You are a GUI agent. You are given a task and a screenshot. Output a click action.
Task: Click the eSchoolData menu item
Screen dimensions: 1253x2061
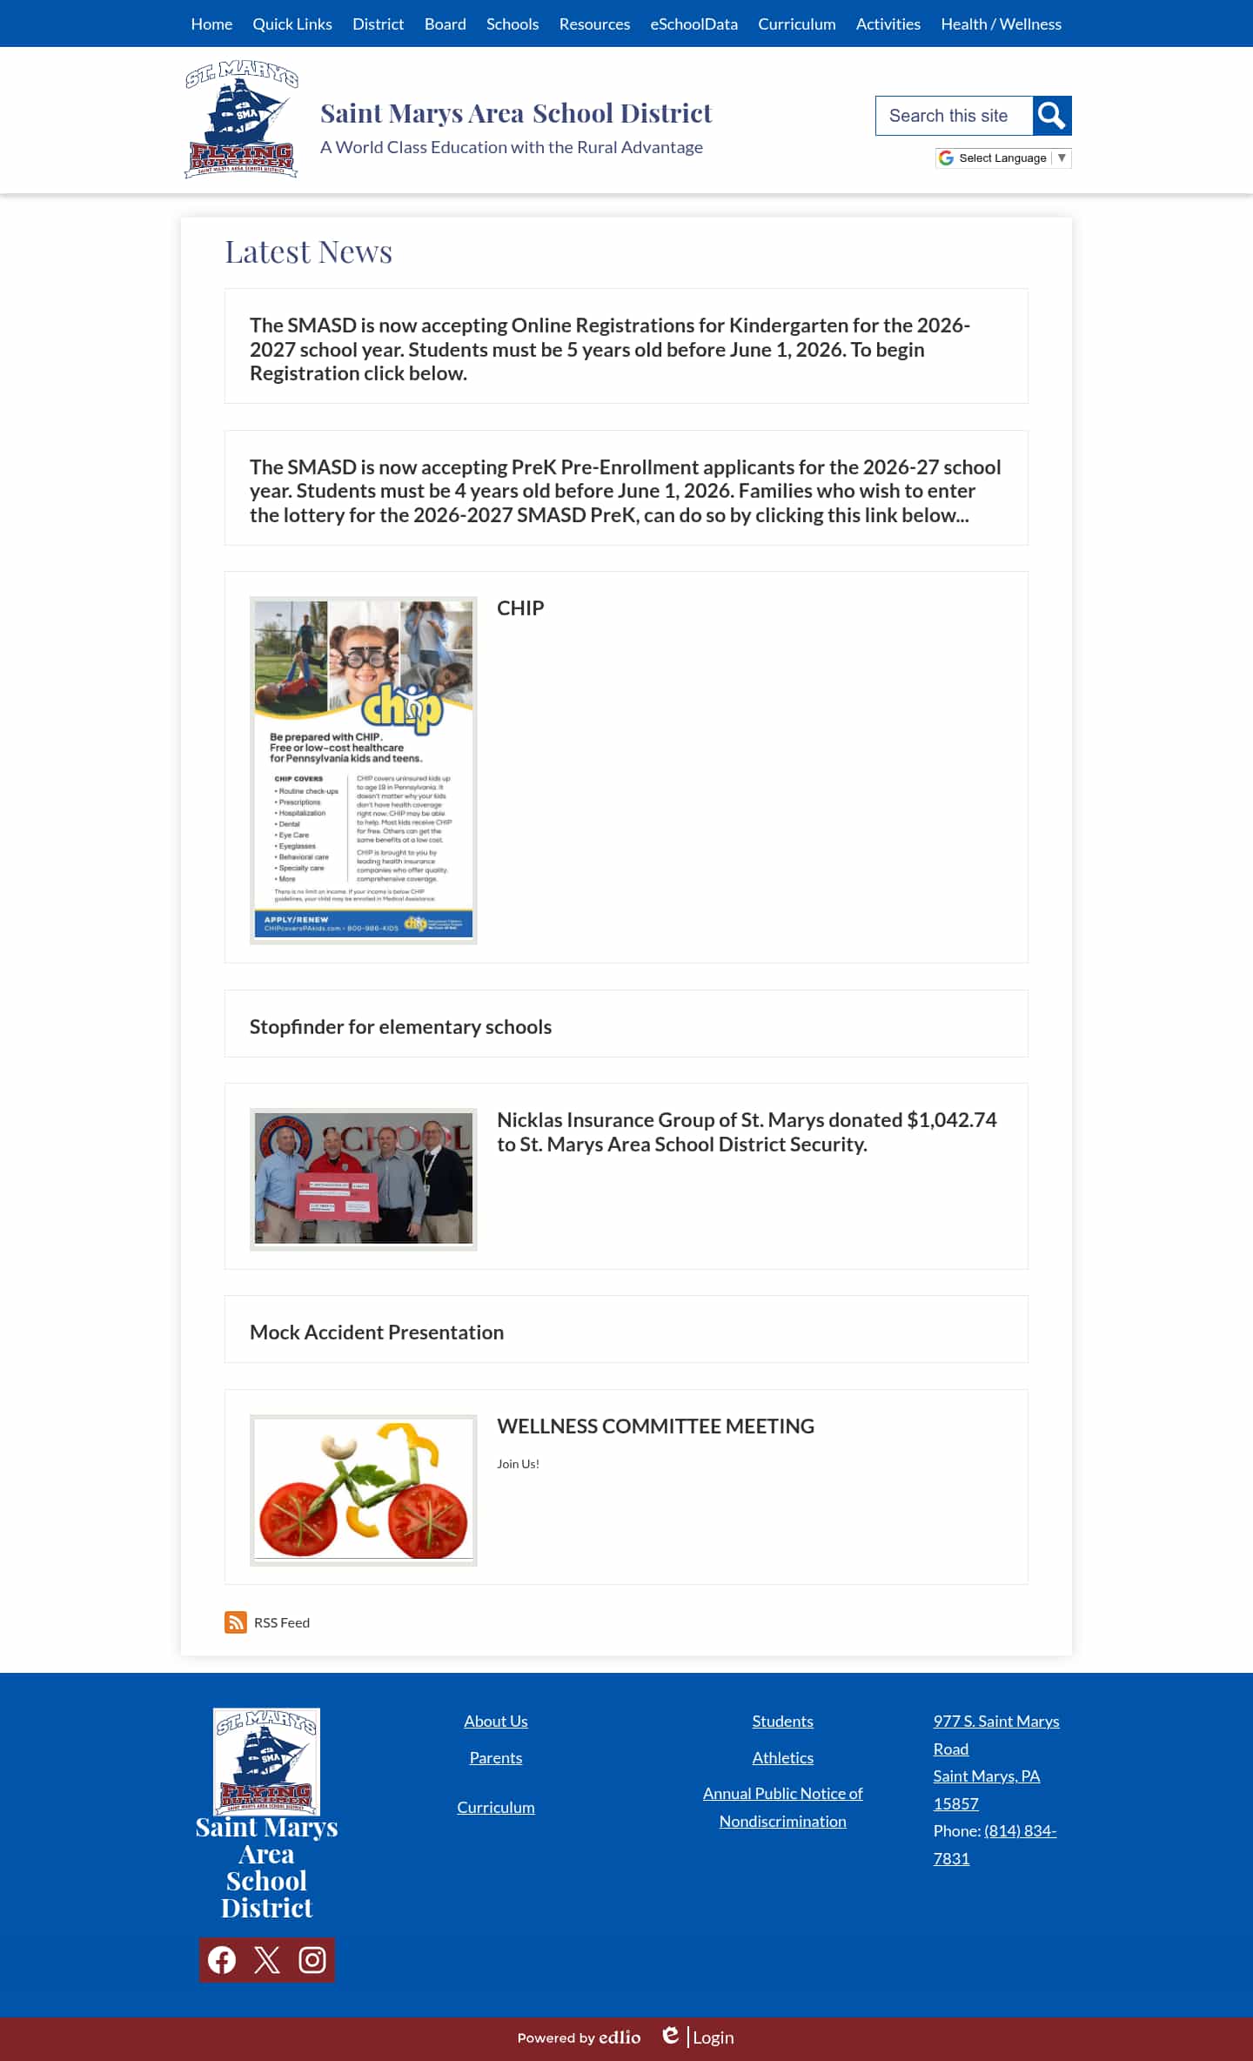pos(694,23)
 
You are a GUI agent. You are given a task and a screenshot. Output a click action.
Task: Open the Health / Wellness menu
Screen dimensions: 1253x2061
pos(1001,23)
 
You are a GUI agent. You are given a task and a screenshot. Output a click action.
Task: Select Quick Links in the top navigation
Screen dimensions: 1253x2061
pos(292,23)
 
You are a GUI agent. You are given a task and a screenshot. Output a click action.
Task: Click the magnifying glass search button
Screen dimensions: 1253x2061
pos(1051,116)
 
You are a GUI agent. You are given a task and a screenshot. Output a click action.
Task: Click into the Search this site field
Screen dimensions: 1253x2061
pos(954,116)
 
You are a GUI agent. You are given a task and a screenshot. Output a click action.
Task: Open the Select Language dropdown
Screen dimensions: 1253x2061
pos(1002,158)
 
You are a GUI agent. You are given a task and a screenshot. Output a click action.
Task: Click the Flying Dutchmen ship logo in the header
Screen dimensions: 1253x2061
pos(242,119)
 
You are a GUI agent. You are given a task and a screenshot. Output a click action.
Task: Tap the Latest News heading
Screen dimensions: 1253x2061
pos(308,252)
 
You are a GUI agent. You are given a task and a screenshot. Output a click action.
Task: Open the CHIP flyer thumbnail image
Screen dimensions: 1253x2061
pos(363,769)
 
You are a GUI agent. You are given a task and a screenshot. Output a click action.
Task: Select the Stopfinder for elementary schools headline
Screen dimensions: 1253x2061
pos(400,1027)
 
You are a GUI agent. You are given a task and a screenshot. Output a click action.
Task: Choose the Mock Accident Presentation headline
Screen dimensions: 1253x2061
pos(376,1333)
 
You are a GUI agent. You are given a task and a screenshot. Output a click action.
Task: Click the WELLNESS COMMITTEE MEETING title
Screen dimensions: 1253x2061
pos(655,1426)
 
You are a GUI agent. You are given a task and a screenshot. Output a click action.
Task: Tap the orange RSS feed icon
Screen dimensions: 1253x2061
pos(235,1622)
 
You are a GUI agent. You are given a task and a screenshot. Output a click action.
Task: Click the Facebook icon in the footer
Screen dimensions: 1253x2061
pos(222,1960)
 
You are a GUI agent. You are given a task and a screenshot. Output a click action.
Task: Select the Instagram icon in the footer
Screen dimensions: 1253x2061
pos(312,1960)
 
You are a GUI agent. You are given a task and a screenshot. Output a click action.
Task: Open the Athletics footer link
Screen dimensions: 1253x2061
pos(782,1757)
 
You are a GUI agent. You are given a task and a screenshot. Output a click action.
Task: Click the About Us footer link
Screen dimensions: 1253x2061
pos(495,1721)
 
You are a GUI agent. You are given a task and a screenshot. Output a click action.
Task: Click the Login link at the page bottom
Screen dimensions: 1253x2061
pos(713,2038)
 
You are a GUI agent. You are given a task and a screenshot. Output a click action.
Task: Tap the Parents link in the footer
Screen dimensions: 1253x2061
pos(495,1757)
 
